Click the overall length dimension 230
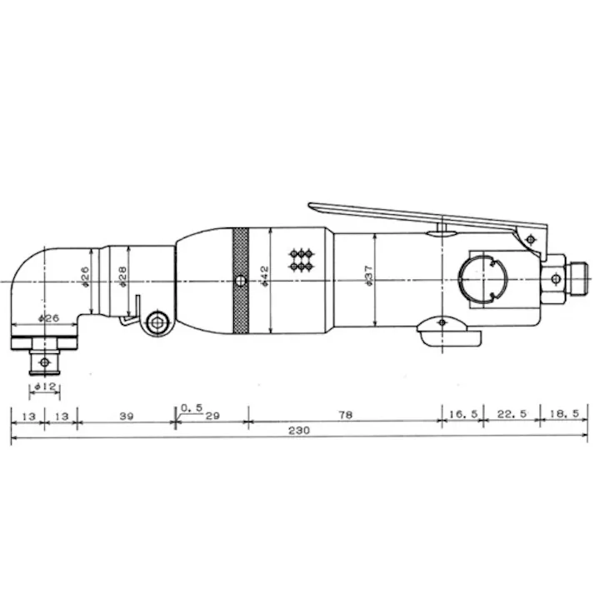[299, 430]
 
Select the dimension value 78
[346, 415]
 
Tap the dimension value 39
[127, 416]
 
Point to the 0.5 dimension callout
[192, 407]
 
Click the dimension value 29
[212, 416]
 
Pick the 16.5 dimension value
[463, 414]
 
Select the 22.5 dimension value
[512, 414]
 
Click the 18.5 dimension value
[564, 413]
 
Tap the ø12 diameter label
[45, 387]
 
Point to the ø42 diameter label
[264, 276]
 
